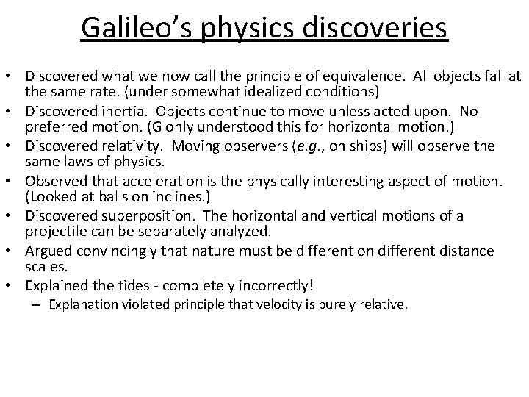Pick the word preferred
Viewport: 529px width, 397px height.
58,127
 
